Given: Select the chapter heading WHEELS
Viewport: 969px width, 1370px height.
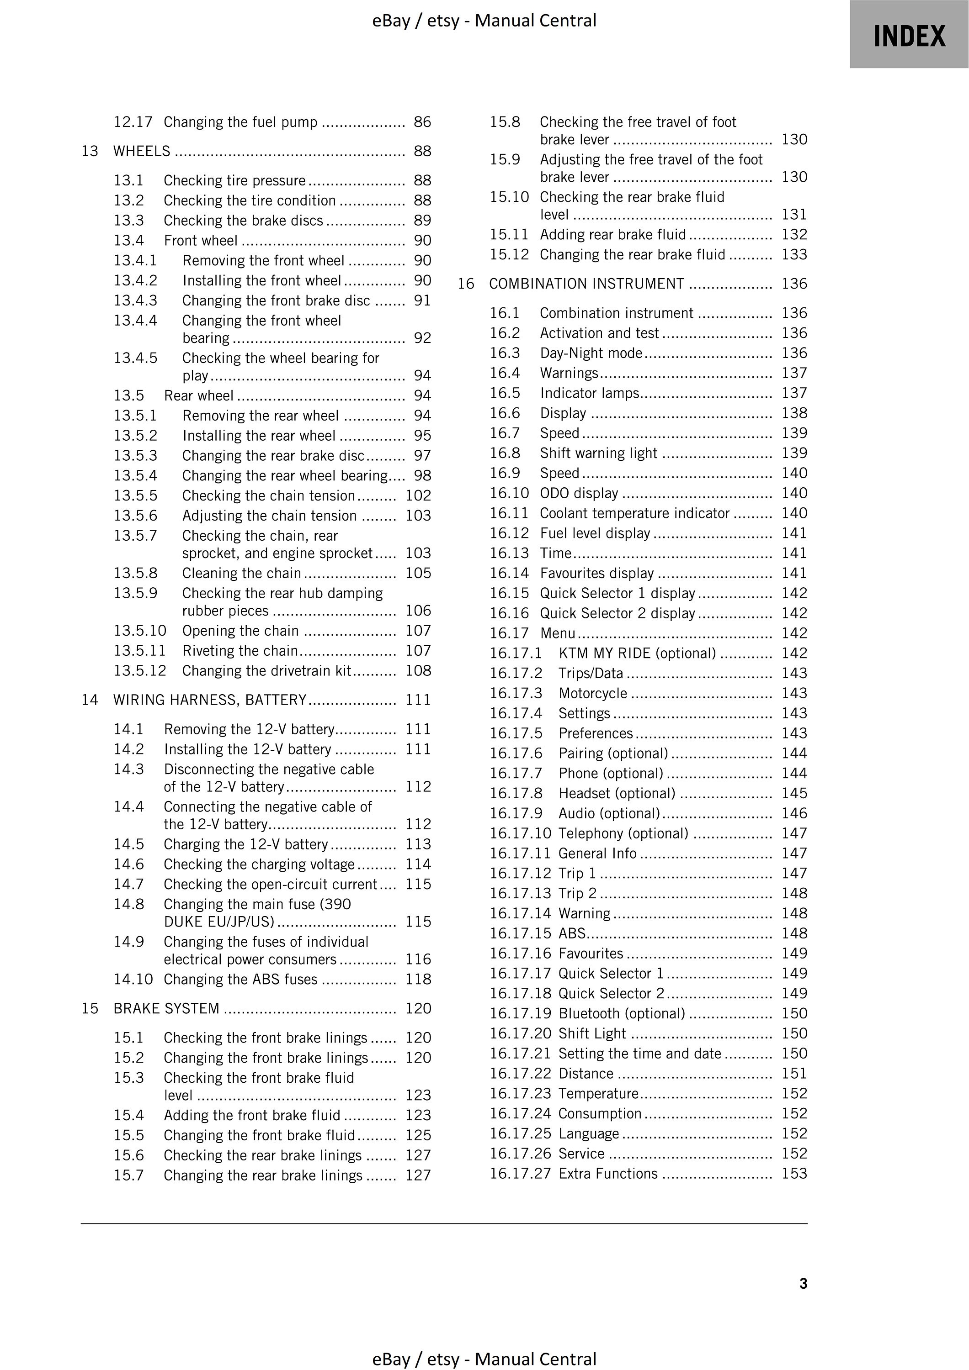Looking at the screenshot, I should coord(142,152).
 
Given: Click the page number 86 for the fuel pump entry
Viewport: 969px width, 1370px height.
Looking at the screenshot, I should coord(422,122).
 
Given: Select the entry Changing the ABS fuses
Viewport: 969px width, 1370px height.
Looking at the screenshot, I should coord(240,979).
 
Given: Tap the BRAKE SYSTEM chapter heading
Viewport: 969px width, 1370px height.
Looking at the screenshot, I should coord(166,1008).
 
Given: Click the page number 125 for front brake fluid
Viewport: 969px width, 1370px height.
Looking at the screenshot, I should coord(418,1135).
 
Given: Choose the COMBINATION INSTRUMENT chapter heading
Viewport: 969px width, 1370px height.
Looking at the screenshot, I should coord(586,284).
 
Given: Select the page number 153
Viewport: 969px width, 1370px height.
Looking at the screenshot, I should coord(794,1174).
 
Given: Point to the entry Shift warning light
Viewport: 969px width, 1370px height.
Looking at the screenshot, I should coord(598,453).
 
